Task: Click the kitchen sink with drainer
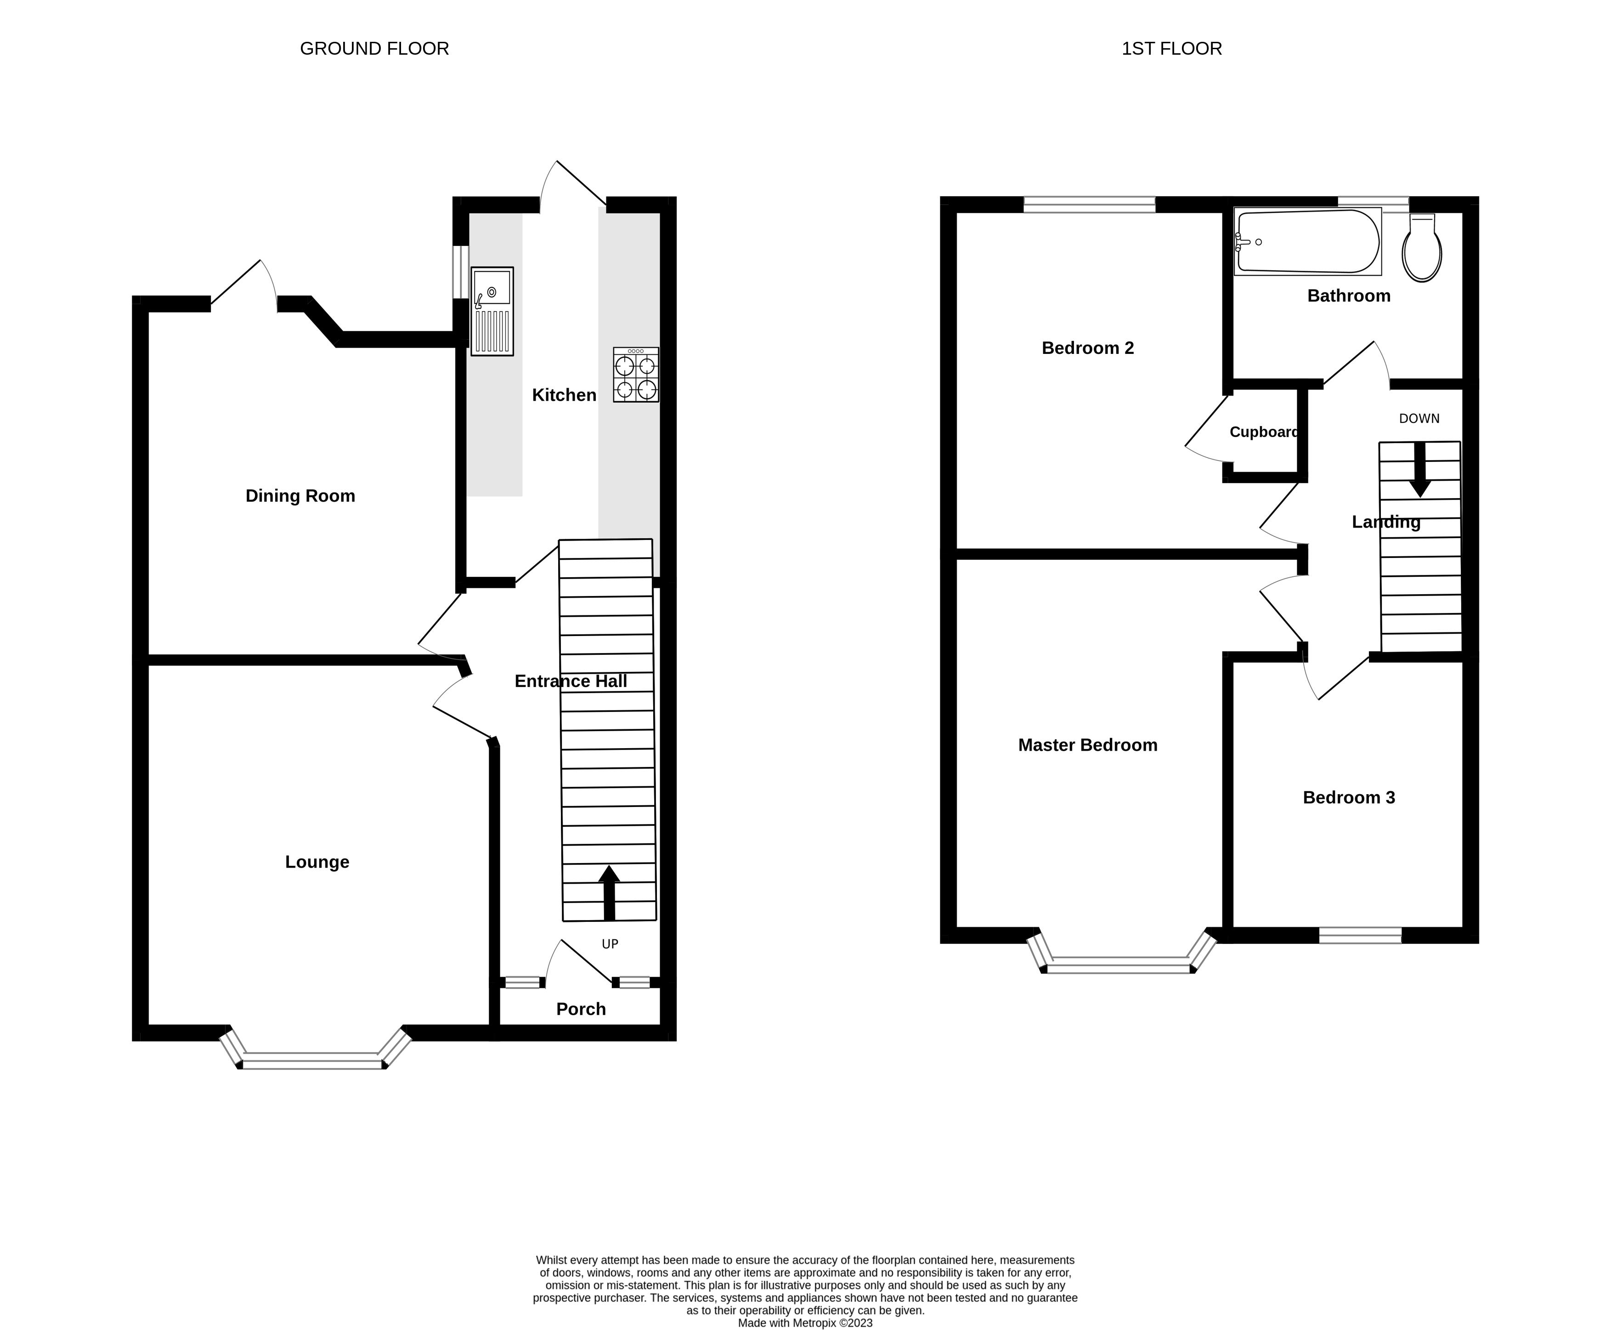(x=492, y=311)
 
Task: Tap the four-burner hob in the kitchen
(x=635, y=375)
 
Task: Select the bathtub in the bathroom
(x=1308, y=241)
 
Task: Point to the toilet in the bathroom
(x=1422, y=247)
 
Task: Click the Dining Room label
(x=300, y=496)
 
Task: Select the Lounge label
(x=317, y=862)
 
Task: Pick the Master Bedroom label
(x=1087, y=745)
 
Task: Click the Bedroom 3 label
(x=1348, y=797)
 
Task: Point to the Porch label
(x=580, y=1009)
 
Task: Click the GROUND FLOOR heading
(x=374, y=48)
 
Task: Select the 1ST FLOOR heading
(x=1171, y=48)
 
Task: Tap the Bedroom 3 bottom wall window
(x=1360, y=935)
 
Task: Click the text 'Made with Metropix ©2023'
(x=805, y=1322)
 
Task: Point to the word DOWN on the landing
(x=1419, y=418)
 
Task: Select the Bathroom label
(x=1348, y=296)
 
